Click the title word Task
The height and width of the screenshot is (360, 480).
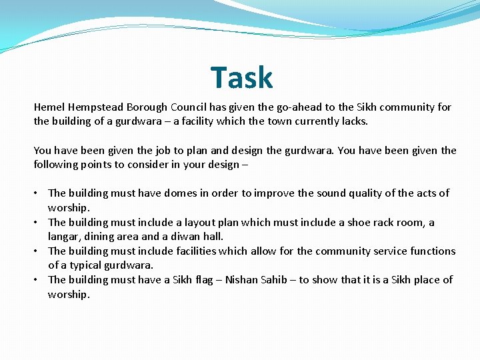pos(242,78)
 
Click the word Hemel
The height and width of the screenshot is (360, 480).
pos(49,107)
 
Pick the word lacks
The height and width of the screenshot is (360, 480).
pos(353,121)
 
